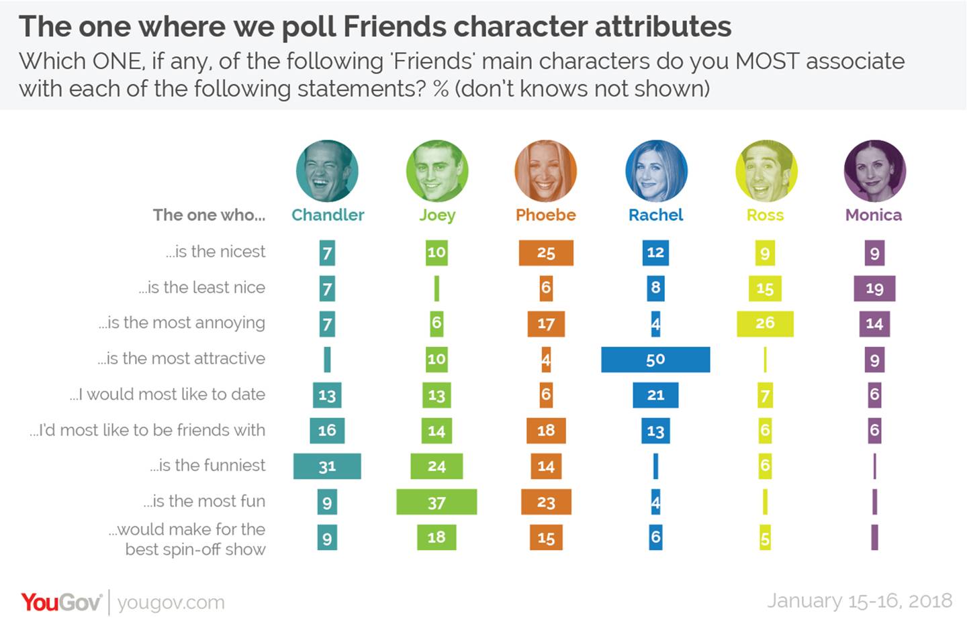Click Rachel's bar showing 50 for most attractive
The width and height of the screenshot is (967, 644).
pos(655,360)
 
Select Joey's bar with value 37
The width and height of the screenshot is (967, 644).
pos(436,502)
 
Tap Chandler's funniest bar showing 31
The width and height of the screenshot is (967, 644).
pos(327,466)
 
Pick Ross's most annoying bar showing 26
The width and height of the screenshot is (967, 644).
pos(765,323)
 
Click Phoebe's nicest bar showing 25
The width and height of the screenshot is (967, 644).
pos(546,253)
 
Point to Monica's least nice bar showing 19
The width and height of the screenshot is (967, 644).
pos(874,288)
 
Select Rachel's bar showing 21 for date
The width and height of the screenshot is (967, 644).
pos(655,395)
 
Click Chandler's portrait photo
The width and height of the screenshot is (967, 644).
pos(327,171)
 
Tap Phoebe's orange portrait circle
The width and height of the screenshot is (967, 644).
pos(546,171)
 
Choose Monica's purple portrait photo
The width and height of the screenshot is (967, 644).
pos(874,171)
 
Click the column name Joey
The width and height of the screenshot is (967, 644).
pos(437,215)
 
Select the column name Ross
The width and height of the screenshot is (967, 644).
pos(765,215)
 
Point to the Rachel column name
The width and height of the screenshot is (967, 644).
pos(655,215)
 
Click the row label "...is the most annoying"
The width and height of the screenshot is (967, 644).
pos(182,323)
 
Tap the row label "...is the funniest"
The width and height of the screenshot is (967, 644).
pos(208,466)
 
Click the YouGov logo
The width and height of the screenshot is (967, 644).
pos(60,602)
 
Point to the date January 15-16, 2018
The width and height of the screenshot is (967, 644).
pos(859,600)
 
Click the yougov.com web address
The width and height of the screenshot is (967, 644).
pos(171,602)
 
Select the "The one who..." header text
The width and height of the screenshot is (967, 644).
pos(209,215)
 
